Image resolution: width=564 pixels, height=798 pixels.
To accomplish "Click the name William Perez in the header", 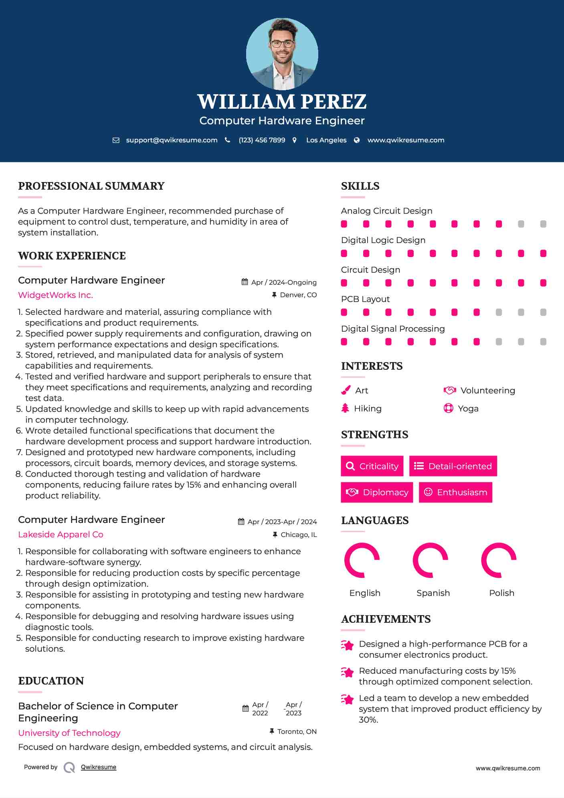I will pos(282,102).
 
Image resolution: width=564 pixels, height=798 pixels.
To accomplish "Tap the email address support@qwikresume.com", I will pos(172,140).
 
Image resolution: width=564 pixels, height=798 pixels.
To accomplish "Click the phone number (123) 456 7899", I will pos(262,140).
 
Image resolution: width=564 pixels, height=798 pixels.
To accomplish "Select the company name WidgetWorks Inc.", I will pos(55,295).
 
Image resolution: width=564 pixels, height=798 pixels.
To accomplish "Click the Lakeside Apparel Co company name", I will pos(61,535).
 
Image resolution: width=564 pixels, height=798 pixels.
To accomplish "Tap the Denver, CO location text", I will pos(298,295).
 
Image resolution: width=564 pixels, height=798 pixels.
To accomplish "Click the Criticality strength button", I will pos(372,466).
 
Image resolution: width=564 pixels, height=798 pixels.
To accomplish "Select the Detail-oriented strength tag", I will pos(453,466).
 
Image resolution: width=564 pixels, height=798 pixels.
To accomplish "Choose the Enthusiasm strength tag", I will pos(455,492).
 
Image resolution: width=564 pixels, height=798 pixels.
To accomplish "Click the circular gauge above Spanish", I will pos(431,560).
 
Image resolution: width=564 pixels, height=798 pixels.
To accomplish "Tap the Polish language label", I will pos(501,593).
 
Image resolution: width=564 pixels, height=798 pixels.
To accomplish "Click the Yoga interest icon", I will pos(448,408).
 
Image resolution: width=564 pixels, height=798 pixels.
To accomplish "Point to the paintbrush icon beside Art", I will pos(346,390).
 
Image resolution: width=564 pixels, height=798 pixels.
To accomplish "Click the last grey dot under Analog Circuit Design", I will pos(543,224).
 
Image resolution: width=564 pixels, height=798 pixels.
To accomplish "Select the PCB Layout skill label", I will pos(365,299).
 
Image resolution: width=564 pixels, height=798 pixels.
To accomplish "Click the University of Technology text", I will pos(69,733).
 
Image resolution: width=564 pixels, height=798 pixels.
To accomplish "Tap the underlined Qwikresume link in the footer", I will pos(99,767).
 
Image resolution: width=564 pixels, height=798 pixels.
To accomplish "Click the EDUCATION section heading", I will pos(51,681).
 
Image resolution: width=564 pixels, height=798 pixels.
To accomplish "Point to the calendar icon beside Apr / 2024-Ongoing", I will pos(245,282).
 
